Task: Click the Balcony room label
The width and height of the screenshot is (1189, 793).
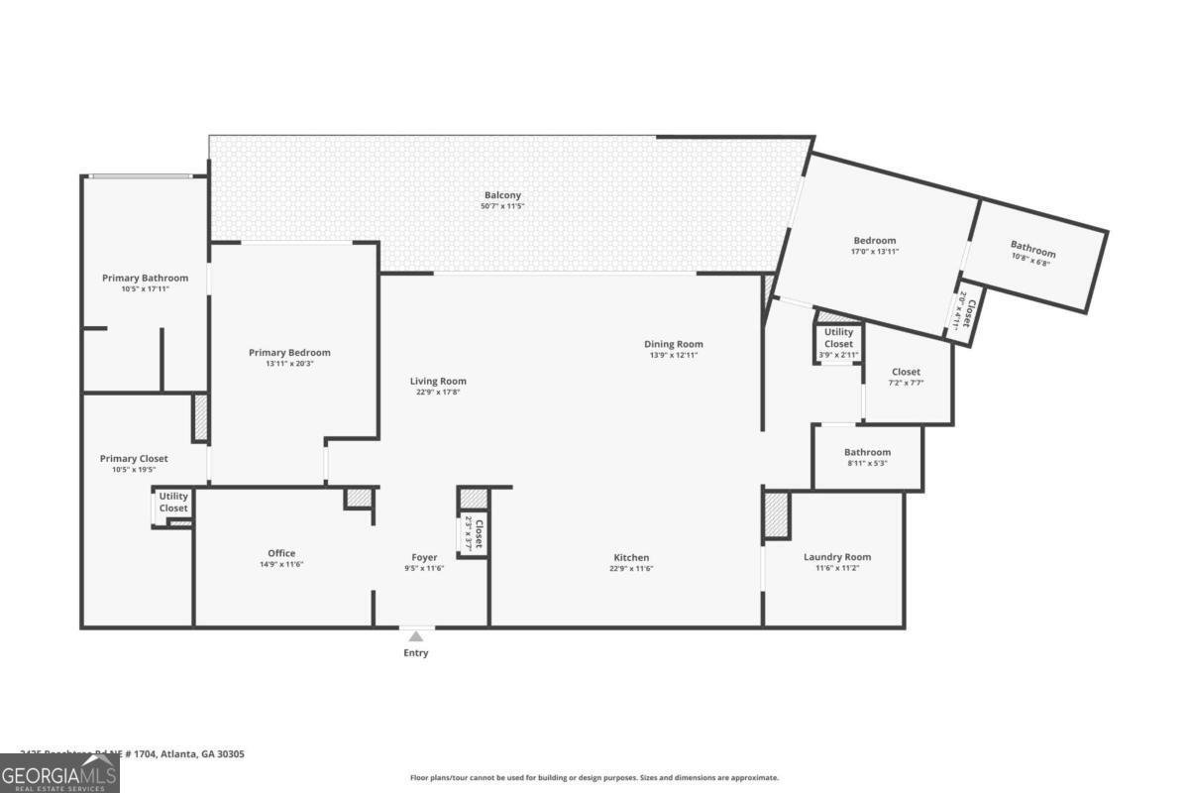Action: pyautogui.click(x=502, y=195)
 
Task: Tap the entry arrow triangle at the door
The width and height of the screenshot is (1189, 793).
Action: pyautogui.click(x=416, y=636)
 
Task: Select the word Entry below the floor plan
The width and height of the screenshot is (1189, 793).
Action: pyautogui.click(x=416, y=653)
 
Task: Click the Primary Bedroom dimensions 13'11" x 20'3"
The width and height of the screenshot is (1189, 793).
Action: pyautogui.click(x=289, y=364)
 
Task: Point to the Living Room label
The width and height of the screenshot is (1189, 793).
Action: pyautogui.click(x=438, y=381)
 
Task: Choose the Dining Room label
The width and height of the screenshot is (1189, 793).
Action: pyautogui.click(x=676, y=344)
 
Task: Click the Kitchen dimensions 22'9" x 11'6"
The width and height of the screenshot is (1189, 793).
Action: pyautogui.click(x=631, y=569)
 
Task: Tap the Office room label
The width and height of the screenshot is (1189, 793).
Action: pyautogui.click(x=281, y=553)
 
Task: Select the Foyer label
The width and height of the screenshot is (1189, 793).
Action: pyautogui.click(x=424, y=557)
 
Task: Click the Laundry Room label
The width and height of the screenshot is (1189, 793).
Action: pyautogui.click(x=837, y=557)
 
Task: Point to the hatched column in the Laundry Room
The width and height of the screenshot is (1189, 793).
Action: pyautogui.click(x=776, y=514)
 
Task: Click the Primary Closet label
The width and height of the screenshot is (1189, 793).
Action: pyautogui.click(x=134, y=459)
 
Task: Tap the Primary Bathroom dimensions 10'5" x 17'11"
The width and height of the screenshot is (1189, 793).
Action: pyautogui.click(x=145, y=288)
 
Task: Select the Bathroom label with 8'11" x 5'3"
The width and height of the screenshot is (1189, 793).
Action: pyautogui.click(x=867, y=452)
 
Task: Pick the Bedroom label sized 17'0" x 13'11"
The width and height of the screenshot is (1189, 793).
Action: pyautogui.click(x=875, y=240)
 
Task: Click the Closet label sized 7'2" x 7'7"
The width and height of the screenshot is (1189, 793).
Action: pyautogui.click(x=906, y=372)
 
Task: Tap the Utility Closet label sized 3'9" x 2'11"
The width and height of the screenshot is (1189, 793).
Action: pyautogui.click(x=838, y=338)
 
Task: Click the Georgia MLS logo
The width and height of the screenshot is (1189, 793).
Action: pyautogui.click(x=59, y=773)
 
